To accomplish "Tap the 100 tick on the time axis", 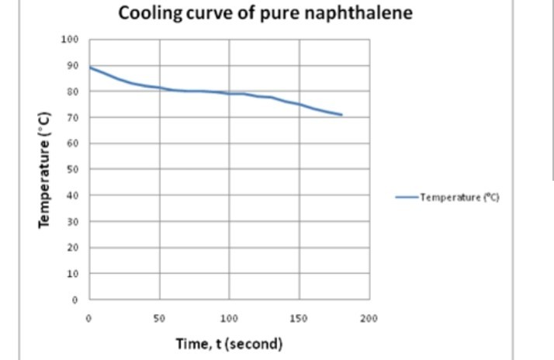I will pos(230,318).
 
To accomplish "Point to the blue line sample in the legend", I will pos(407,197).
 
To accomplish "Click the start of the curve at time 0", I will pos(91,67).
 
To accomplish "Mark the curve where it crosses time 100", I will pos(230,93).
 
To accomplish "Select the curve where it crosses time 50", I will pos(160,88).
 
